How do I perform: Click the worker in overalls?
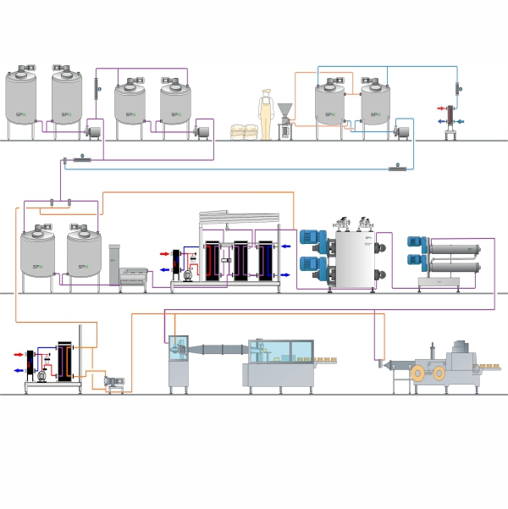tap(266, 115)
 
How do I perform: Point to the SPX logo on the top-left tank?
tap(20, 114)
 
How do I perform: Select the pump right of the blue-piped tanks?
tap(402, 131)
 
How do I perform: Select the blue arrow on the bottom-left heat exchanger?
tap(19, 371)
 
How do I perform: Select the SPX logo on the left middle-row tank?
tap(36, 268)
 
